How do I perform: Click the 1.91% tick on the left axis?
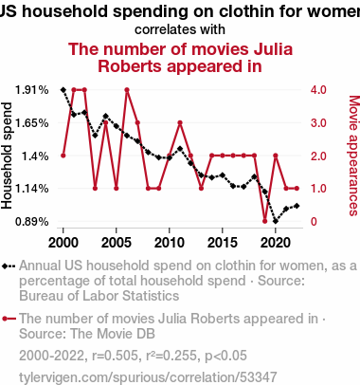[x=32, y=90]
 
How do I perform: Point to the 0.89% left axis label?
[x=32, y=222]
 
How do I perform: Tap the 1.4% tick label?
[x=35, y=156]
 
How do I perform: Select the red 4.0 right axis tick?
[x=318, y=90]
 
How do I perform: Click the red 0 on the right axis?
[x=314, y=222]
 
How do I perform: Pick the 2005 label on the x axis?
[x=117, y=243]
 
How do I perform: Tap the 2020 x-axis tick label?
[x=276, y=243]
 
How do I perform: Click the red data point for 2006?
[x=127, y=90]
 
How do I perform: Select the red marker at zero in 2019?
[x=265, y=221]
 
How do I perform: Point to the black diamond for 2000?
[x=63, y=90]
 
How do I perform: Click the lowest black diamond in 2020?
[x=276, y=221]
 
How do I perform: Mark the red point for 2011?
[x=180, y=123]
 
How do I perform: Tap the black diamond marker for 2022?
[x=297, y=206]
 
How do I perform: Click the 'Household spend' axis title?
[x=7, y=156]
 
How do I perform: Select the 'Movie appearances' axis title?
[x=354, y=156]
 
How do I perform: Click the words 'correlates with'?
[x=180, y=29]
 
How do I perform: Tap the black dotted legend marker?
[x=9, y=266]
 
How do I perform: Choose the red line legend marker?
[x=9, y=319]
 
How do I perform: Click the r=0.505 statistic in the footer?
[x=116, y=356]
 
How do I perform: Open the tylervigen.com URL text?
[x=148, y=377]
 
